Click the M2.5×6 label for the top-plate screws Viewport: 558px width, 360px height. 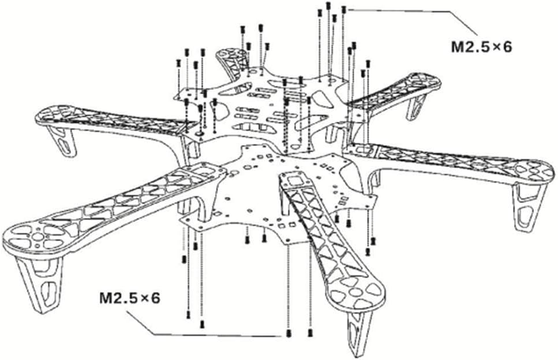pos(481,47)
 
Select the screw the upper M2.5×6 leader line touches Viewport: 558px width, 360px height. pos(344,10)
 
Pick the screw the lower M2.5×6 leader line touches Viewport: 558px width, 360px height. pos(289,333)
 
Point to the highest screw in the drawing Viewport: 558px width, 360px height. pos(328,5)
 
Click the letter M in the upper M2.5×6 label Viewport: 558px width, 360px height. pos(457,47)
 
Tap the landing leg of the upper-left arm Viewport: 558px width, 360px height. pos(63,141)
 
